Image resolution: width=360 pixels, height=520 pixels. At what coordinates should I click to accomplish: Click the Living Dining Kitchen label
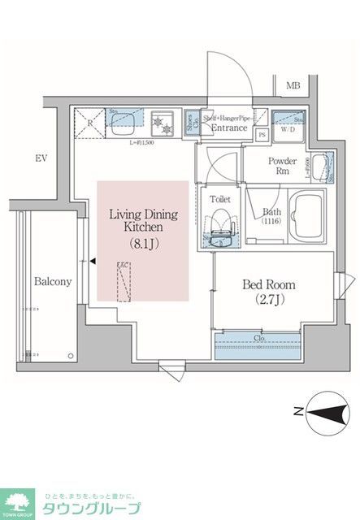pyautogui.click(x=143, y=221)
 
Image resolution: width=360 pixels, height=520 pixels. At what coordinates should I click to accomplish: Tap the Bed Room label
pyautogui.click(x=268, y=285)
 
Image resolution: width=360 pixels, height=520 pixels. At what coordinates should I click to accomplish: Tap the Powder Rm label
pyautogui.click(x=282, y=166)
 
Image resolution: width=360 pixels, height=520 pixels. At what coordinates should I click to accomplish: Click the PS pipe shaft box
pyautogui.click(x=262, y=135)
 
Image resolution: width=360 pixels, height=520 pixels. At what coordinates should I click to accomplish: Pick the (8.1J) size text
pyautogui.click(x=143, y=242)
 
